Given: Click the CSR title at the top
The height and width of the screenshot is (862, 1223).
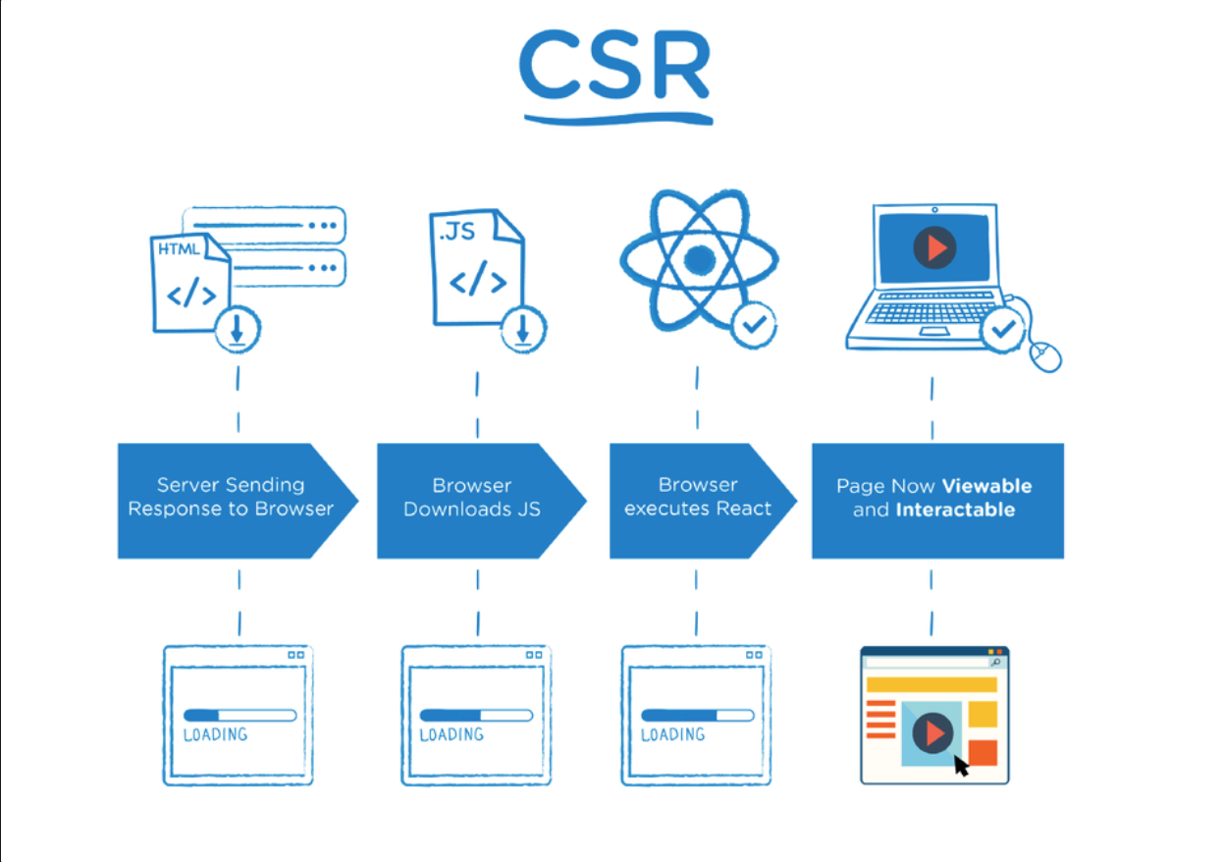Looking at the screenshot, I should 614,67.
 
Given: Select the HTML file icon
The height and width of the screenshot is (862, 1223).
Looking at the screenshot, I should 189,283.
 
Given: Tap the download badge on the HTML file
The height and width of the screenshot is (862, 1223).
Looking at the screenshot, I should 237,331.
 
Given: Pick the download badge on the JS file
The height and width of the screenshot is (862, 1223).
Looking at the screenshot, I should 523,331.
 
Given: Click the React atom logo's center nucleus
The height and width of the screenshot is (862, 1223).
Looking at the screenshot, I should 699,260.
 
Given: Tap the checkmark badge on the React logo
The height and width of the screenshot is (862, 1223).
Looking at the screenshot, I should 754,324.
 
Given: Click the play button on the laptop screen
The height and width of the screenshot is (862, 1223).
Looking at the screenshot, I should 934,248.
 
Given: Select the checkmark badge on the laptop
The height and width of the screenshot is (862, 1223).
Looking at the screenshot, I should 1003,330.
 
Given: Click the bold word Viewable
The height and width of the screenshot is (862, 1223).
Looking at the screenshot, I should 986,486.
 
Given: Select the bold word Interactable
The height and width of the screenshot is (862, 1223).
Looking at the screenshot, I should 954,511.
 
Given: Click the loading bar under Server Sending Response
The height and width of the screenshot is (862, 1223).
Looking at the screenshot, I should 239,715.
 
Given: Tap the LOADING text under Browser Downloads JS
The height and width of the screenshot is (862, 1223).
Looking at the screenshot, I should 452,735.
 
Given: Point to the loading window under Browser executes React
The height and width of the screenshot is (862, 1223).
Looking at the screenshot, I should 696,716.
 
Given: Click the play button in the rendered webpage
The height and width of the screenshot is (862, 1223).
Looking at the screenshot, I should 933,732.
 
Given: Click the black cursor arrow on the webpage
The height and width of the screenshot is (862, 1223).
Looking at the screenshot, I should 961,765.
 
